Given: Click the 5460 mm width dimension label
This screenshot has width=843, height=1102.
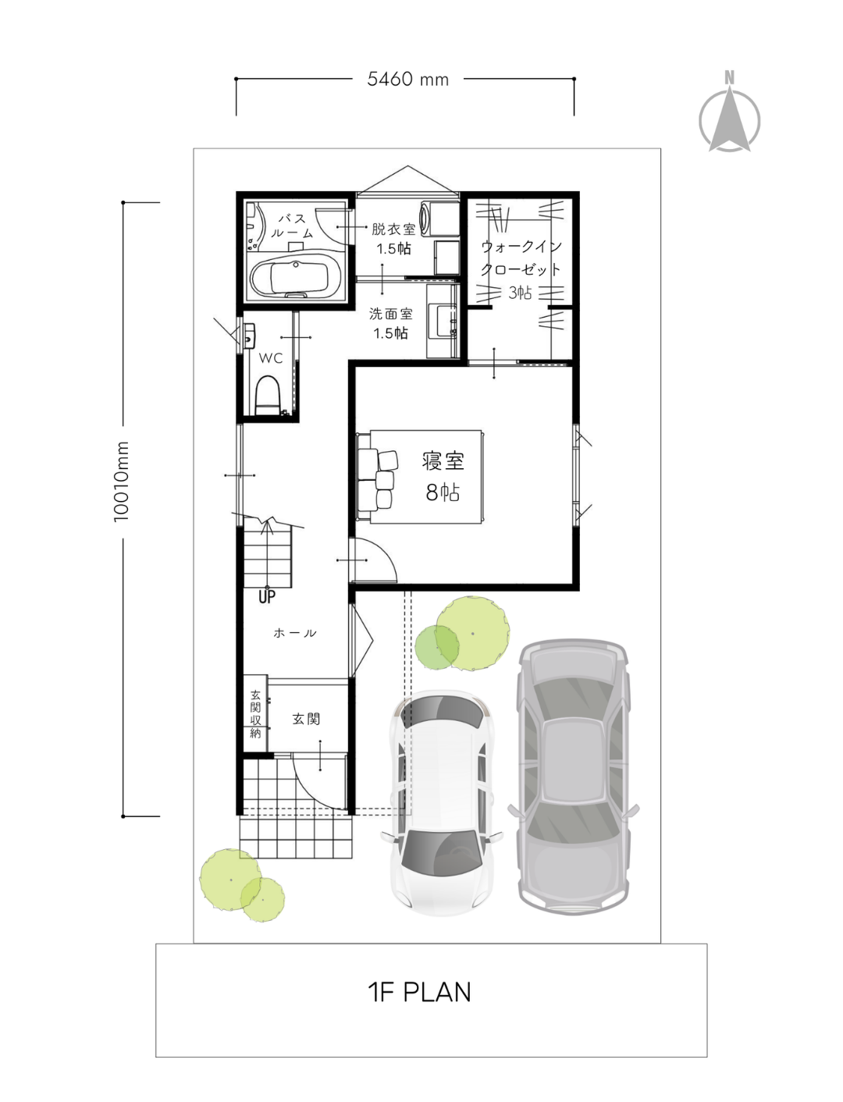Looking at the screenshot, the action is point(407,79).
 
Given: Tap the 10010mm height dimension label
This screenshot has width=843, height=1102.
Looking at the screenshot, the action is point(121,482).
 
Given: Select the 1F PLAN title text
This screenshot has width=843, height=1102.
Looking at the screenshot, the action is point(420,992).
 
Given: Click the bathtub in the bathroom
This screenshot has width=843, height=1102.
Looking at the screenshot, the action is point(296,275).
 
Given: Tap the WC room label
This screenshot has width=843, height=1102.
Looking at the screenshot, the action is point(271,358).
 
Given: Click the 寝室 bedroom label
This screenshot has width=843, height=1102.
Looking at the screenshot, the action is point(443,461).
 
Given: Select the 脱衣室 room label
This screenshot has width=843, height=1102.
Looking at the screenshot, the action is point(393,229).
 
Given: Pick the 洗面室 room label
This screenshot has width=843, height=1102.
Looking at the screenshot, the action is point(390,314).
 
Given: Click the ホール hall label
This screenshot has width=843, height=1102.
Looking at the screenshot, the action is point(295,633).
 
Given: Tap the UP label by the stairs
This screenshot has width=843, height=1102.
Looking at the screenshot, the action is point(267,596).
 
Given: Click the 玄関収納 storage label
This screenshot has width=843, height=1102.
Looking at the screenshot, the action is point(255,714).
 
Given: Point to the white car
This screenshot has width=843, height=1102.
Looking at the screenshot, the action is point(442,803).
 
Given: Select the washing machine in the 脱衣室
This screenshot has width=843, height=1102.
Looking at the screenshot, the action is point(439,219).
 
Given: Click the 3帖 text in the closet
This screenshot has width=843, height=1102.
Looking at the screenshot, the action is point(520,292).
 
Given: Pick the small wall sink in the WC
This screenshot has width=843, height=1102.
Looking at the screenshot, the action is point(249,336).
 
